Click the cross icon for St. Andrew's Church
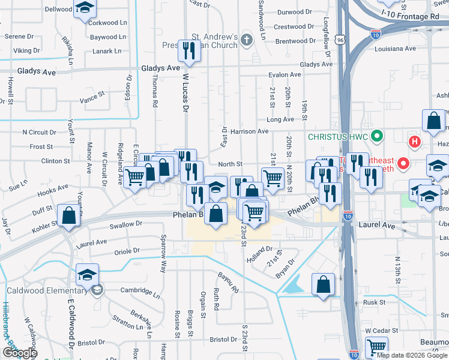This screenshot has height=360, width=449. click(246, 41)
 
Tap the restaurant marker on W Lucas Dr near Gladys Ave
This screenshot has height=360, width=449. click(190, 52)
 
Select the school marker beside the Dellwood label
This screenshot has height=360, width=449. click(85, 8)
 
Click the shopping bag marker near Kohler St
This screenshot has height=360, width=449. click(69, 216)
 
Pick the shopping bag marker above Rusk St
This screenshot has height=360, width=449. click(324, 285)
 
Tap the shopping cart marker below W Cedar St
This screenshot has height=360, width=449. click(376, 347)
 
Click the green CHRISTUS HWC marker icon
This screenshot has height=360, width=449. click(378, 136)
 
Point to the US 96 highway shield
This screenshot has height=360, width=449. click(340, 40)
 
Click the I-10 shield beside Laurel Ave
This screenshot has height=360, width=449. click(349, 215)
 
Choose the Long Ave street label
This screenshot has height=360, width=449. click(280, 119)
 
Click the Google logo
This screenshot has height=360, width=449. click(20, 353)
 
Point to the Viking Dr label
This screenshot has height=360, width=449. click(26, 51)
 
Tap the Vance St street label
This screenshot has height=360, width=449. click(92, 97)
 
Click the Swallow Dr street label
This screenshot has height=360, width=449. click(125, 224)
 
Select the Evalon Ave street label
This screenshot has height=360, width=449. click(285, 75)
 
